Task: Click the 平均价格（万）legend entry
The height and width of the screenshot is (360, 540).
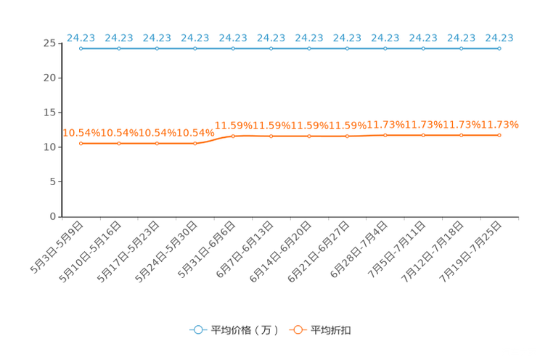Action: coord(234,330)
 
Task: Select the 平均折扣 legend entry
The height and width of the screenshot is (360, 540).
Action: coord(320,330)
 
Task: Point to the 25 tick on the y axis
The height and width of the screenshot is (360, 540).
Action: coord(49,44)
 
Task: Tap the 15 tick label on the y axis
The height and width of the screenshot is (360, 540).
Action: coord(49,112)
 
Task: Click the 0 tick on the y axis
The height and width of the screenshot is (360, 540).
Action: coord(53,216)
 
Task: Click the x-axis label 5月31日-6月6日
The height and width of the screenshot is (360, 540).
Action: coord(207,250)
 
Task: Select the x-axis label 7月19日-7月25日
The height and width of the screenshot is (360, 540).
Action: coord(470,252)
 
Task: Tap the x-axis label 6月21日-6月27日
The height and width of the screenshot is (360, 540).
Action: coord(319,252)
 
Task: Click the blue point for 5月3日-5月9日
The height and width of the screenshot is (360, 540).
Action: coord(81,49)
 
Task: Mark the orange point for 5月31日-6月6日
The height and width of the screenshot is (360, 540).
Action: coord(233,136)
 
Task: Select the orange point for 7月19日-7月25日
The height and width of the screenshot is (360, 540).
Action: coord(499,136)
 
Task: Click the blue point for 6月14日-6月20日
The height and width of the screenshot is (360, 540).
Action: coord(309,49)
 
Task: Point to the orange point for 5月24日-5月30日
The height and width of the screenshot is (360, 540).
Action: coord(195,143)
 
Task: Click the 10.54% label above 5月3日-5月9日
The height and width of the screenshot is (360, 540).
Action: coord(81,133)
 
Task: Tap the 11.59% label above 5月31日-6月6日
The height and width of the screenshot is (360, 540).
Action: coord(234,126)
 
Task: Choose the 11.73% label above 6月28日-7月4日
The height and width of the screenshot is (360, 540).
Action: coord(385,125)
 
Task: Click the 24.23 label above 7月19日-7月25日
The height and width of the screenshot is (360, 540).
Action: coord(499,38)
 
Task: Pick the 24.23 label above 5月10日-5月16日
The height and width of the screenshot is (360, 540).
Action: coord(119,38)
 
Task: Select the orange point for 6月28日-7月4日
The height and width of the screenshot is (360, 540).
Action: coord(385,136)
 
